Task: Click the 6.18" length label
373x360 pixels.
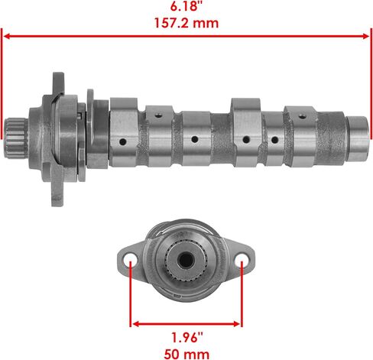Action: [x=187, y=6]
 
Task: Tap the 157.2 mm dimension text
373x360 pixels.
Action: [x=186, y=23]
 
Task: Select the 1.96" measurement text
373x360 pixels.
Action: [x=187, y=338]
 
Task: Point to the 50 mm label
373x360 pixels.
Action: [x=186, y=354]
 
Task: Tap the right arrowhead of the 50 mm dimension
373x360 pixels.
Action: [x=236, y=324]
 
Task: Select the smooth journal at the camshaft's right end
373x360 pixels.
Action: [x=358, y=139]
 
